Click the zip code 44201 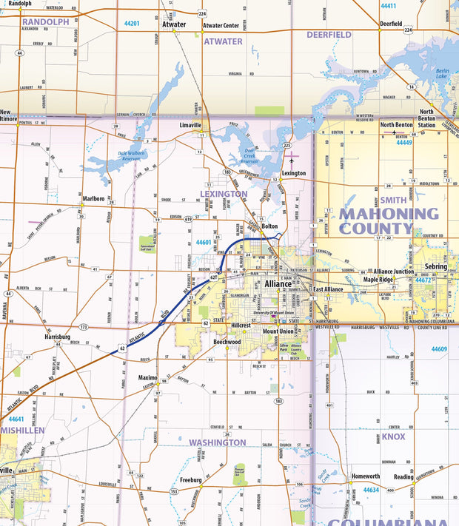[132, 24]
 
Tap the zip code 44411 [388, 6]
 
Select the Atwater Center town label [221, 25]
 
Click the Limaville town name [190, 126]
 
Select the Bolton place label [269, 226]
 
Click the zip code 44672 [423, 280]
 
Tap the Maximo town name [147, 377]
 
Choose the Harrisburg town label [56, 337]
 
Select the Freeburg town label [190, 480]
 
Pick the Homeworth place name [366, 476]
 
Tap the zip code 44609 [440, 348]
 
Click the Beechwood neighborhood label [227, 343]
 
